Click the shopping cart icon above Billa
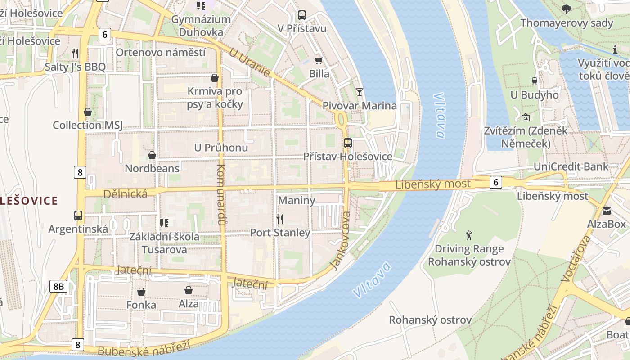319,60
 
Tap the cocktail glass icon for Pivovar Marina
359,92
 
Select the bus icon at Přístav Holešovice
347,143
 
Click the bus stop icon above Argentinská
78,215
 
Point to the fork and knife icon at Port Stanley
280,219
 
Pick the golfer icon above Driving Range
469,235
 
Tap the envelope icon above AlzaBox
607,211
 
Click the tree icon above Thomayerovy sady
567,9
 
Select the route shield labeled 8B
58,286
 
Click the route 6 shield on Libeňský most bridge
495,182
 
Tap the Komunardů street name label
221,194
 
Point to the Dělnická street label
126,194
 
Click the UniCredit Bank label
571,166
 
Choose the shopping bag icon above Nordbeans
152,155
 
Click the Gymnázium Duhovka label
201,26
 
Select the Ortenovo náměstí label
160,52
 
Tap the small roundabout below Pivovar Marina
341,120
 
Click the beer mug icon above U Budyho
534,81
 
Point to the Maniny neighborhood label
297,200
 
